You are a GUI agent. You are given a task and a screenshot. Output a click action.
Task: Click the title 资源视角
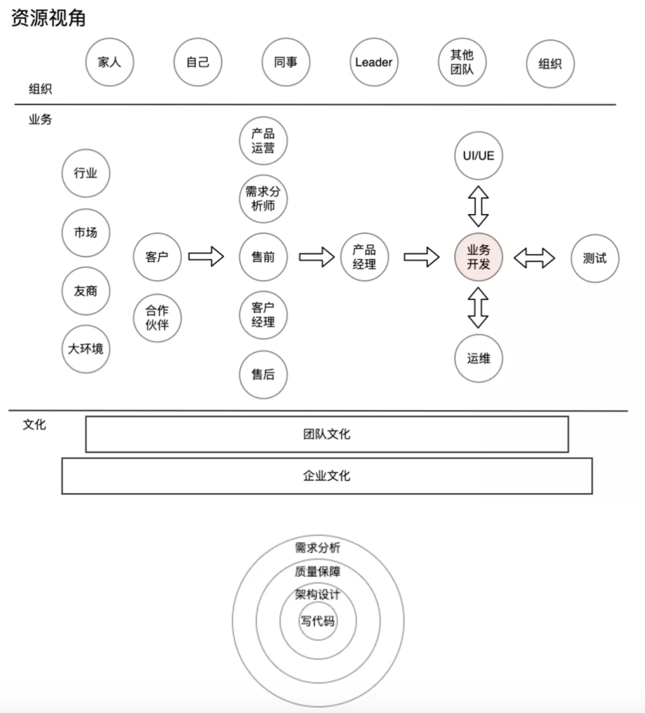(x=48, y=18)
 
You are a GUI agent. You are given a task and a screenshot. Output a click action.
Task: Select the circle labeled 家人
(x=109, y=62)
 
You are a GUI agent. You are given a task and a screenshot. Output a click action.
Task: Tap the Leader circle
(x=374, y=62)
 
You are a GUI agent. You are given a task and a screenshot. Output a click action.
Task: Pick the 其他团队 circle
(x=462, y=62)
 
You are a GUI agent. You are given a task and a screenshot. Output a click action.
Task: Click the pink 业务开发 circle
(x=478, y=257)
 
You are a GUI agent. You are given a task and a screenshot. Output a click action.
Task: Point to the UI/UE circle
(x=478, y=155)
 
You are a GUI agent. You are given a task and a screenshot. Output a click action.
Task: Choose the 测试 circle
(x=595, y=258)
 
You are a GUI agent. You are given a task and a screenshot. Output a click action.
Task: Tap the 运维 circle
(x=478, y=359)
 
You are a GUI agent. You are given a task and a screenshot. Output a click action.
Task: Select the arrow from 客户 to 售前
(x=206, y=256)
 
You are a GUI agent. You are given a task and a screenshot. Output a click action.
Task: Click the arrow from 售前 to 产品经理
(x=317, y=257)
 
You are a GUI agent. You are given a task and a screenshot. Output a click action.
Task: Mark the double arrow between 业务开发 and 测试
(x=534, y=258)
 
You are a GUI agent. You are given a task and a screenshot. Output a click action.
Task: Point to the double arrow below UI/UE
(x=478, y=206)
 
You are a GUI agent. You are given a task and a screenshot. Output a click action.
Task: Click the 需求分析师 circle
(x=263, y=198)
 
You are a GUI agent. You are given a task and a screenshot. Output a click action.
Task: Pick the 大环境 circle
(x=86, y=349)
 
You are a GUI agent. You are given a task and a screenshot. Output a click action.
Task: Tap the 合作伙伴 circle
(x=157, y=317)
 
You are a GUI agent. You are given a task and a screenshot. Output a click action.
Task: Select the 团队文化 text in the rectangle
(x=326, y=434)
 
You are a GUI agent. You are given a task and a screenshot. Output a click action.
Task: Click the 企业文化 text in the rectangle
(x=326, y=476)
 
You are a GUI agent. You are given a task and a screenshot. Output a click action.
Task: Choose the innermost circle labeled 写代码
(x=318, y=621)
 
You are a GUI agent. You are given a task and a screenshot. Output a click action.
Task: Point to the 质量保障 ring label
(x=317, y=571)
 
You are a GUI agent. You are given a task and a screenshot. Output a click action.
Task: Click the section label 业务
(x=41, y=120)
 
